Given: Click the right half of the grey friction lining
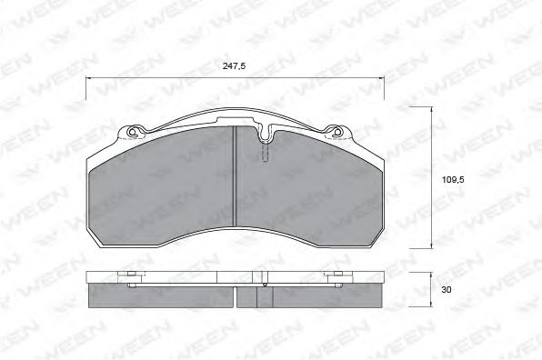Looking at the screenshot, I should click(309, 186).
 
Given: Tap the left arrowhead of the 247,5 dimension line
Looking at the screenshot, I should click(89, 79).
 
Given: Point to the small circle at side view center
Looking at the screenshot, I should click(265, 285).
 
